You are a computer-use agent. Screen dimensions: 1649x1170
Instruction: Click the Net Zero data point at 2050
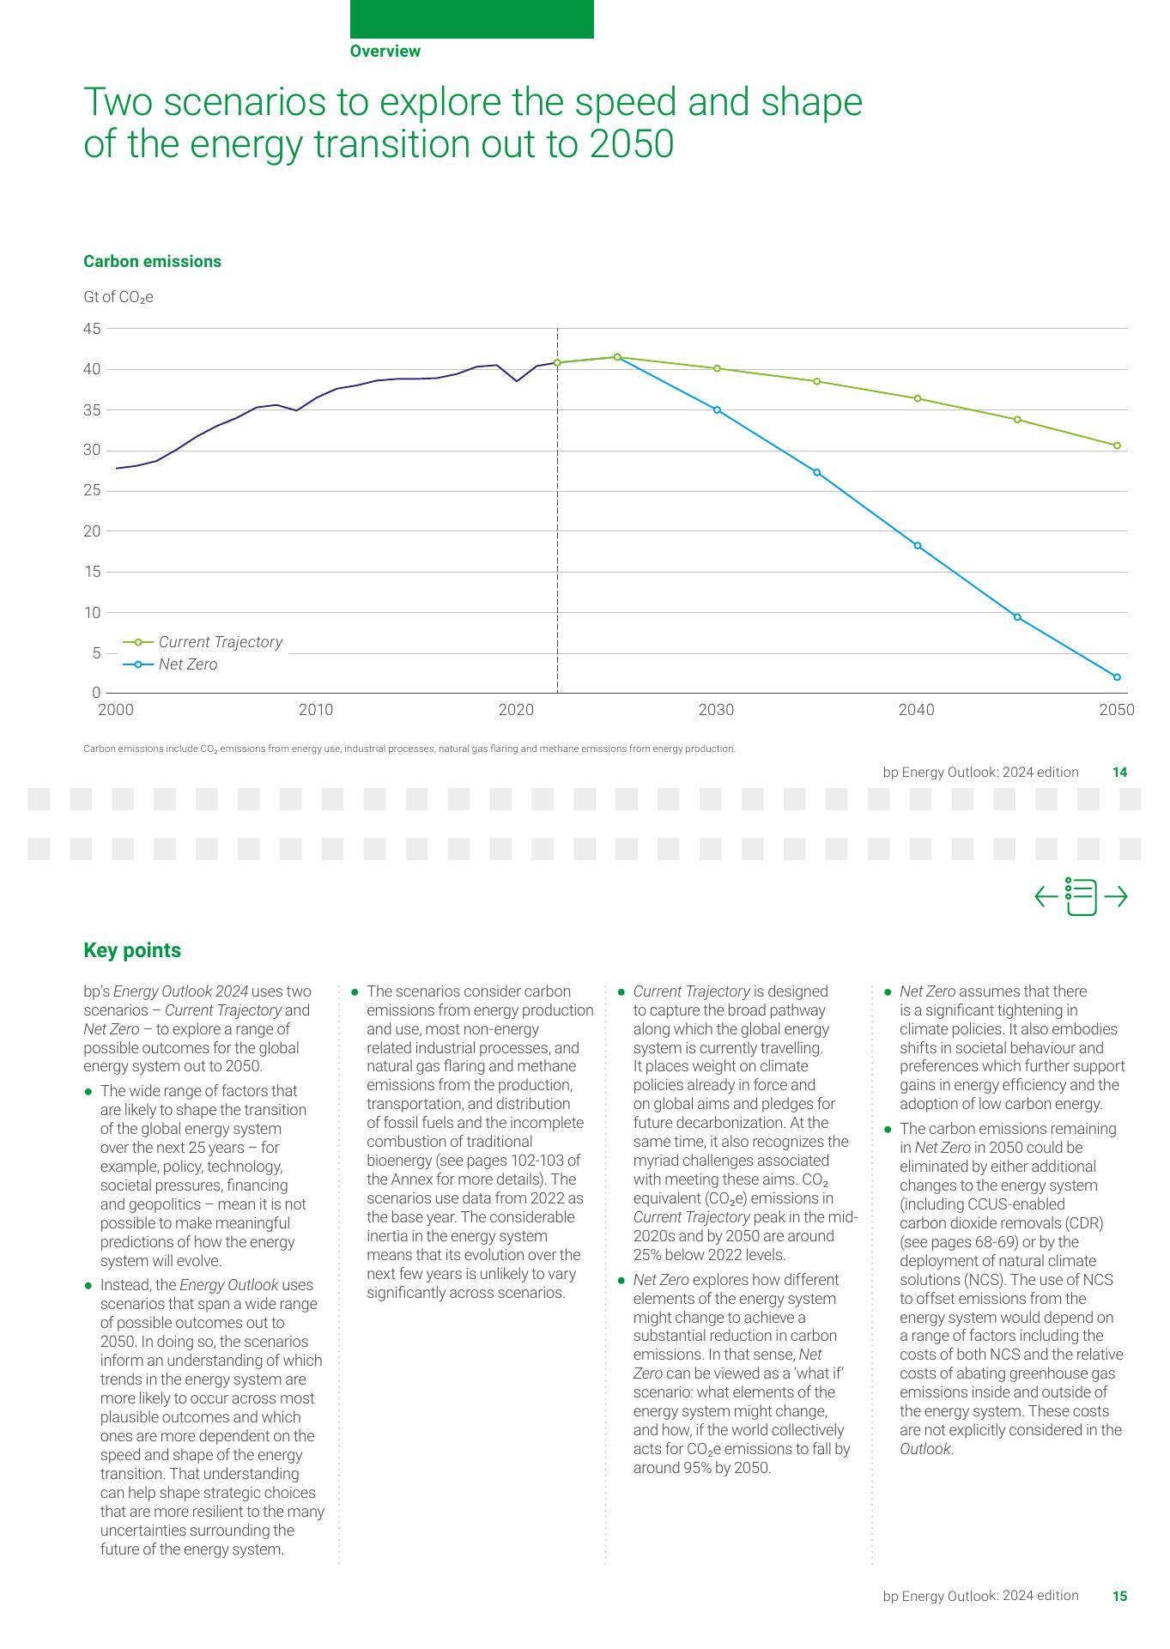tap(1117, 677)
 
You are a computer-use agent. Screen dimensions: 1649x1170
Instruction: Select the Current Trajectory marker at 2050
tap(1117, 446)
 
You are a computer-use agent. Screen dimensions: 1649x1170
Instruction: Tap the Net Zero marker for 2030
tap(717, 409)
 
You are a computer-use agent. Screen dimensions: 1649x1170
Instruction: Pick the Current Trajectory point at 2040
tap(918, 398)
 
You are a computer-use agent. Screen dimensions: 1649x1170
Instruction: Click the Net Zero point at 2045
tap(1017, 617)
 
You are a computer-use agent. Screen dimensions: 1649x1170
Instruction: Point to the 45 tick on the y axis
tap(92, 329)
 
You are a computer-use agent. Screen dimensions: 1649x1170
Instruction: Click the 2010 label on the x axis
tap(316, 710)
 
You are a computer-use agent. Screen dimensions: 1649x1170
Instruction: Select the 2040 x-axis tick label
tap(916, 710)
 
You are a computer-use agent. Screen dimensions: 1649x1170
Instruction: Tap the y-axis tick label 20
tap(92, 531)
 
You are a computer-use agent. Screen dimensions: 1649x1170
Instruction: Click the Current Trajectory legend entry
tap(219, 642)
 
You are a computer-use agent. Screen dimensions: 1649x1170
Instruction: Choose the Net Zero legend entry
tap(187, 664)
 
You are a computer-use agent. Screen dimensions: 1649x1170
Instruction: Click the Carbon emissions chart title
tap(152, 262)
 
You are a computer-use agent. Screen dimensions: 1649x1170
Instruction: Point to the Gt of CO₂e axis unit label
tap(118, 298)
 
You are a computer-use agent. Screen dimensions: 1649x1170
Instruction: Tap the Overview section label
tap(385, 52)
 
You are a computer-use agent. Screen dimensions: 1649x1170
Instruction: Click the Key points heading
tap(132, 951)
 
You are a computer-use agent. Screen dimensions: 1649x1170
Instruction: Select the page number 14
tap(1119, 773)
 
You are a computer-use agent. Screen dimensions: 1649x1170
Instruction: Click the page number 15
tap(1119, 1597)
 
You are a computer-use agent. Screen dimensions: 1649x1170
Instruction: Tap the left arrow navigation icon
tap(1046, 897)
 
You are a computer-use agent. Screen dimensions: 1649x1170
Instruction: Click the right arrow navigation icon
tap(1116, 897)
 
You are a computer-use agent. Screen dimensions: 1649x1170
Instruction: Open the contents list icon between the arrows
tap(1081, 897)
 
